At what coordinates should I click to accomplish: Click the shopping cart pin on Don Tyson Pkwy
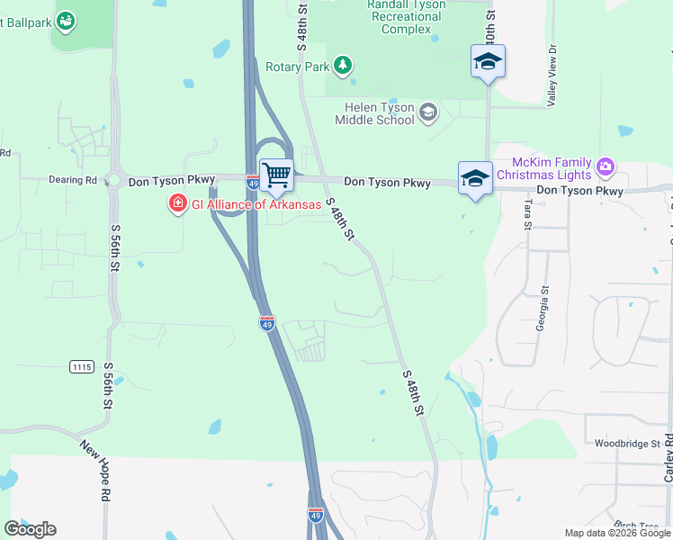276,174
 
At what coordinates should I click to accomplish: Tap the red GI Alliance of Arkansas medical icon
177,204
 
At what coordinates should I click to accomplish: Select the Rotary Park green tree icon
342,66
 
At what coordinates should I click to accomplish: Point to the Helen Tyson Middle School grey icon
427,112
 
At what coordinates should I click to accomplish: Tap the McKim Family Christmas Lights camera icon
606,166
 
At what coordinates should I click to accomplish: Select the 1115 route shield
81,366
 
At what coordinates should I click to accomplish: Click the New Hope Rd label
94,470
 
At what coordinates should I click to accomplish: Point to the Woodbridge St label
627,444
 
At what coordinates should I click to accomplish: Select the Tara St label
528,215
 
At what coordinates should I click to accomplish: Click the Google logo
31,529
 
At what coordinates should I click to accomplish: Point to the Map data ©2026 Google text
617,533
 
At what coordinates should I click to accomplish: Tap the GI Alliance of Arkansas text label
256,204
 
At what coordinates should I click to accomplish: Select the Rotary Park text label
297,67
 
